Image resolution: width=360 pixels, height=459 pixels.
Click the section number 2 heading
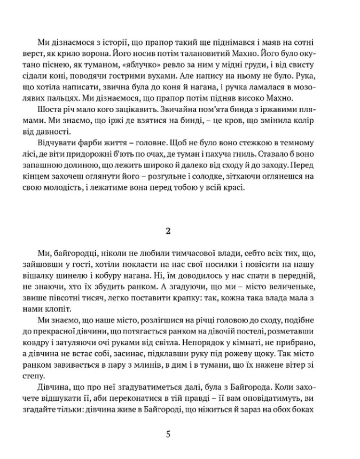pyautogui.click(x=169, y=231)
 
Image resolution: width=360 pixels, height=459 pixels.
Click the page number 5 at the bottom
pyautogui.click(x=169, y=434)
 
